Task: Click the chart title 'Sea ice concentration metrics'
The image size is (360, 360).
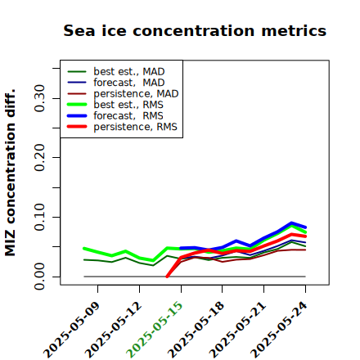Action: pyautogui.click(x=195, y=31)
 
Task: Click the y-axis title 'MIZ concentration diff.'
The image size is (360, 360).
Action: pyautogui.click(x=10, y=173)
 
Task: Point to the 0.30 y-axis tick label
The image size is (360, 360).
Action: pyautogui.click(x=40, y=98)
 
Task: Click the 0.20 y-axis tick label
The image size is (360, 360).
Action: pyautogui.click(x=40, y=157)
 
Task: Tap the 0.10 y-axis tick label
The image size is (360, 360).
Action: pyautogui.click(x=40, y=217)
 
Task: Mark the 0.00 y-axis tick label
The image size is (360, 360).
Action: pyautogui.click(x=40, y=277)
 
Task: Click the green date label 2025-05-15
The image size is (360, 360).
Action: pyautogui.click(x=155, y=330)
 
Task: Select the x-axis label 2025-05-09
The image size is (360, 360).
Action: pyautogui.click(x=71, y=330)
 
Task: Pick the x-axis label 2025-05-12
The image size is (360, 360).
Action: pyautogui.click(x=113, y=330)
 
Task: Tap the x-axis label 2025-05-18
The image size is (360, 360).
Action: pyautogui.click(x=196, y=330)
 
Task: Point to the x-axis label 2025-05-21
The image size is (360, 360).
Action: pyautogui.click(x=237, y=330)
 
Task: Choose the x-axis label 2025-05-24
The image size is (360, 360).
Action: pyautogui.click(x=279, y=330)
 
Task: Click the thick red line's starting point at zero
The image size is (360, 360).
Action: pyautogui.click(x=167, y=277)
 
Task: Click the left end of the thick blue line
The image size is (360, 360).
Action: pyautogui.click(x=181, y=248)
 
